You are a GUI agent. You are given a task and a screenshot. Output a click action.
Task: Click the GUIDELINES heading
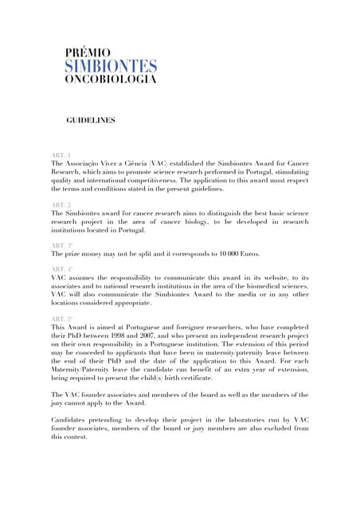[x=90, y=120]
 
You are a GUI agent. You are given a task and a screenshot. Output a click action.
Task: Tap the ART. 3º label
[x=62, y=244]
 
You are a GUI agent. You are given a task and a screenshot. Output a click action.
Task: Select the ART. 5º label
[x=62, y=320]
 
